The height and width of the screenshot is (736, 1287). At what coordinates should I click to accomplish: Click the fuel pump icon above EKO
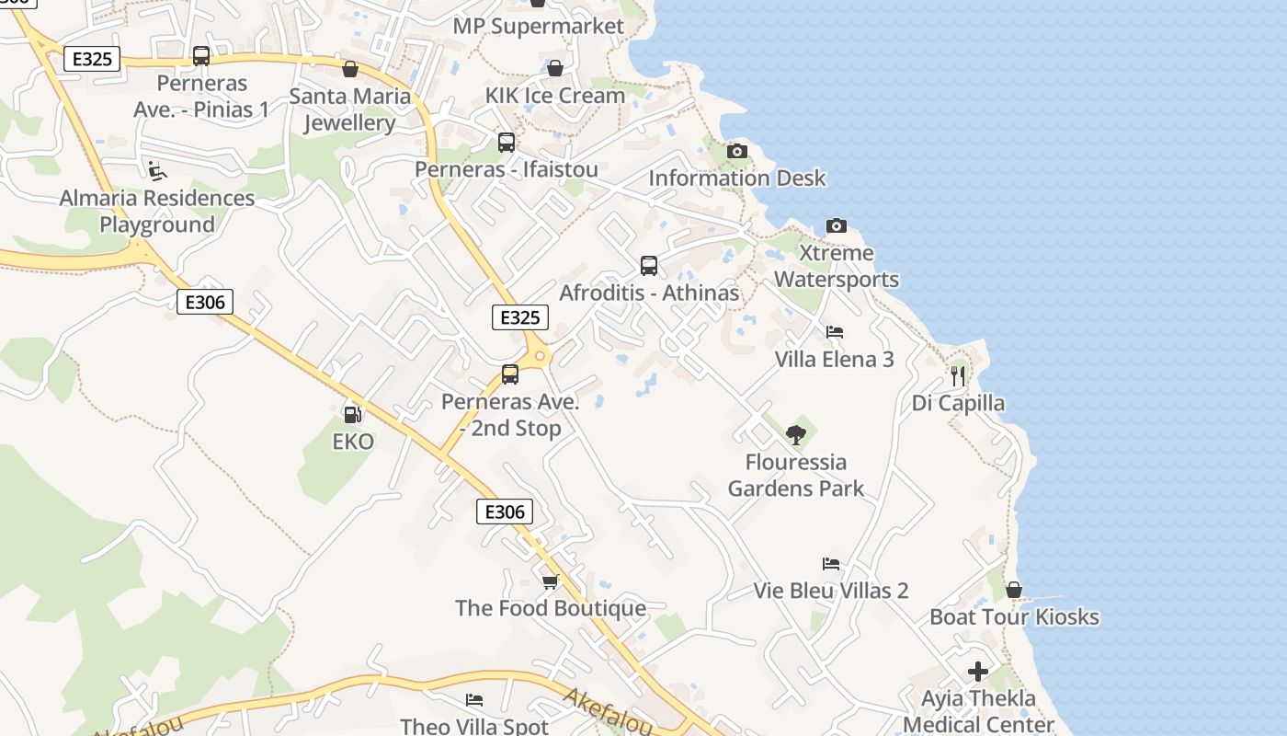click(351, 415)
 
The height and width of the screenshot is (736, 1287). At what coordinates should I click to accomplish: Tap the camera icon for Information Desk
click(737, 151)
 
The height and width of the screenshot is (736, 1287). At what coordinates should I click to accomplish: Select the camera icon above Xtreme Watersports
click(836, 225)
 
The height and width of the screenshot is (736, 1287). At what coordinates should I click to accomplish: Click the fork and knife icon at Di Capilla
click(958, 375)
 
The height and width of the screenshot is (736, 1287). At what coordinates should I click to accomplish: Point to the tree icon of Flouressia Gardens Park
click(796, 434)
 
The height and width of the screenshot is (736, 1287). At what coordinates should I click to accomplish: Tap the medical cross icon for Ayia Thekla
click(978, 671)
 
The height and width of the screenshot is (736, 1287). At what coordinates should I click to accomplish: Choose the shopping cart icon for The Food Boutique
click(550, 581)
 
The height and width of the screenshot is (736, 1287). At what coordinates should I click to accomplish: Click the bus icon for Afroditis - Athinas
click(649, 266)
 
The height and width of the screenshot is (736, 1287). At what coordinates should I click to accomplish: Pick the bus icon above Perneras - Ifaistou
click(507, 143)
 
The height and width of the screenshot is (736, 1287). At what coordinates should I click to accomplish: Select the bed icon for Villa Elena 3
click(835, 332)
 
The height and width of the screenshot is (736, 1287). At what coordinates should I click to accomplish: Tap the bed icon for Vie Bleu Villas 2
click(831, 563)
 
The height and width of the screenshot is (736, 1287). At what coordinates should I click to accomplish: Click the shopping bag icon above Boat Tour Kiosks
click(1014, 590)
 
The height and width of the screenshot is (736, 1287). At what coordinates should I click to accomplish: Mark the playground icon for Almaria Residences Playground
click(157, 170)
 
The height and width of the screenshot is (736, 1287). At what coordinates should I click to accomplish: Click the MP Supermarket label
click(538, 26)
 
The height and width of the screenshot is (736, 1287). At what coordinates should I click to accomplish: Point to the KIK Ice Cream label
click(555, 96)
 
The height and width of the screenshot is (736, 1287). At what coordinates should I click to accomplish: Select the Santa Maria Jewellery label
click(350, 109)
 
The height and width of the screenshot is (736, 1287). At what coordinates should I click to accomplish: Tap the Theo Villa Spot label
click(474, 726)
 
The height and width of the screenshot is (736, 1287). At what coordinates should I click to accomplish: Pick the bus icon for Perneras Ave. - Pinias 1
click(201, 56)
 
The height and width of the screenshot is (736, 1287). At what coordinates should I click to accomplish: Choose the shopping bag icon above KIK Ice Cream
click(555, 68)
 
